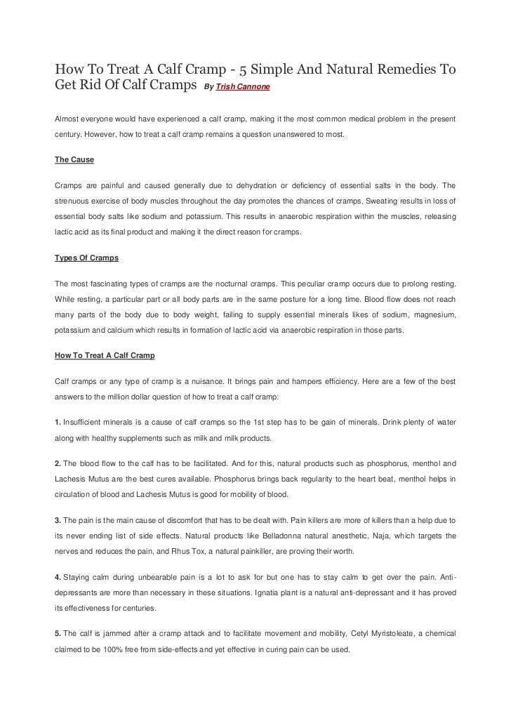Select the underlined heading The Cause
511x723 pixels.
tap(74, 160)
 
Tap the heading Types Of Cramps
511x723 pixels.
tap(86, 258)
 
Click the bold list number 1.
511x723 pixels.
tap(58, 423)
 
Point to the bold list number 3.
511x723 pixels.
tap(58, 521)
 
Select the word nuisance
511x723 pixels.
tap(213, 382)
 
